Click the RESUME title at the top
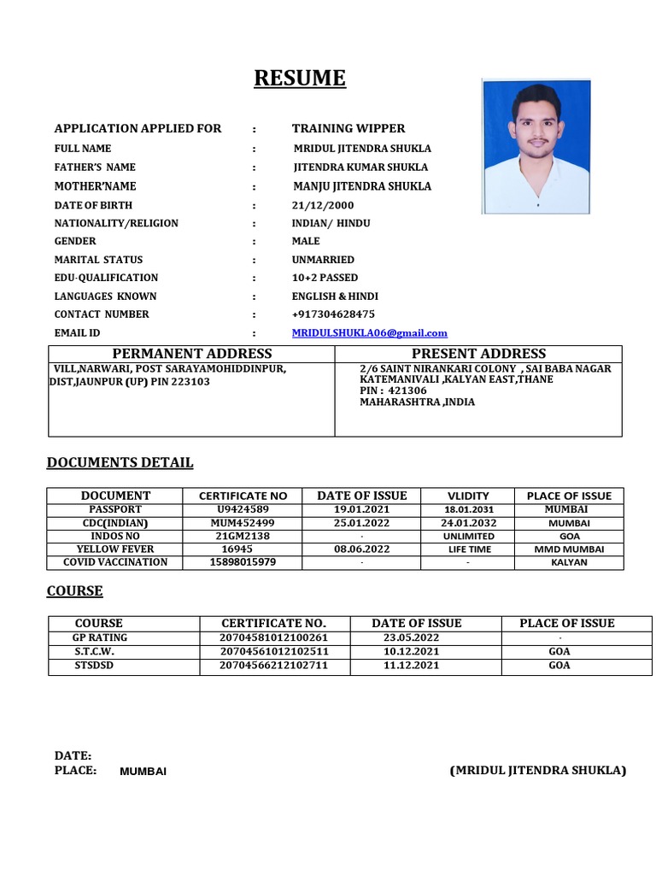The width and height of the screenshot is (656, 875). [300, 79]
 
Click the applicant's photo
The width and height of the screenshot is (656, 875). [536, 146]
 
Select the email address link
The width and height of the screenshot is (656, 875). [369, 333]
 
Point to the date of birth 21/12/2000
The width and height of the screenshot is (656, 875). [322, 206]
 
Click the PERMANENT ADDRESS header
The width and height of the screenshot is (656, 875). [192, 354]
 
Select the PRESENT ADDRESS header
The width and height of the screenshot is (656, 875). [478, 354]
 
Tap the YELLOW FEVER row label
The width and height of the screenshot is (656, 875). [115, 549]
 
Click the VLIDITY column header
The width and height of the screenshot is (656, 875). [468, 496]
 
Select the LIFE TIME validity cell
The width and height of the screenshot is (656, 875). [469, 549]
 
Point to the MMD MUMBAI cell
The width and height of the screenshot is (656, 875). [569, 549]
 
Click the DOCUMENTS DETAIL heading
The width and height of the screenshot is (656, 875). [120, 463]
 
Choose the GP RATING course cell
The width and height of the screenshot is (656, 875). [100, 637]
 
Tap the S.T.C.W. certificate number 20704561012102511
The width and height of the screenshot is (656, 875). [273, 651]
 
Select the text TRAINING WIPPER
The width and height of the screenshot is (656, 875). [348, 129]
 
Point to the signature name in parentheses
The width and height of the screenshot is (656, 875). [537, 771]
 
